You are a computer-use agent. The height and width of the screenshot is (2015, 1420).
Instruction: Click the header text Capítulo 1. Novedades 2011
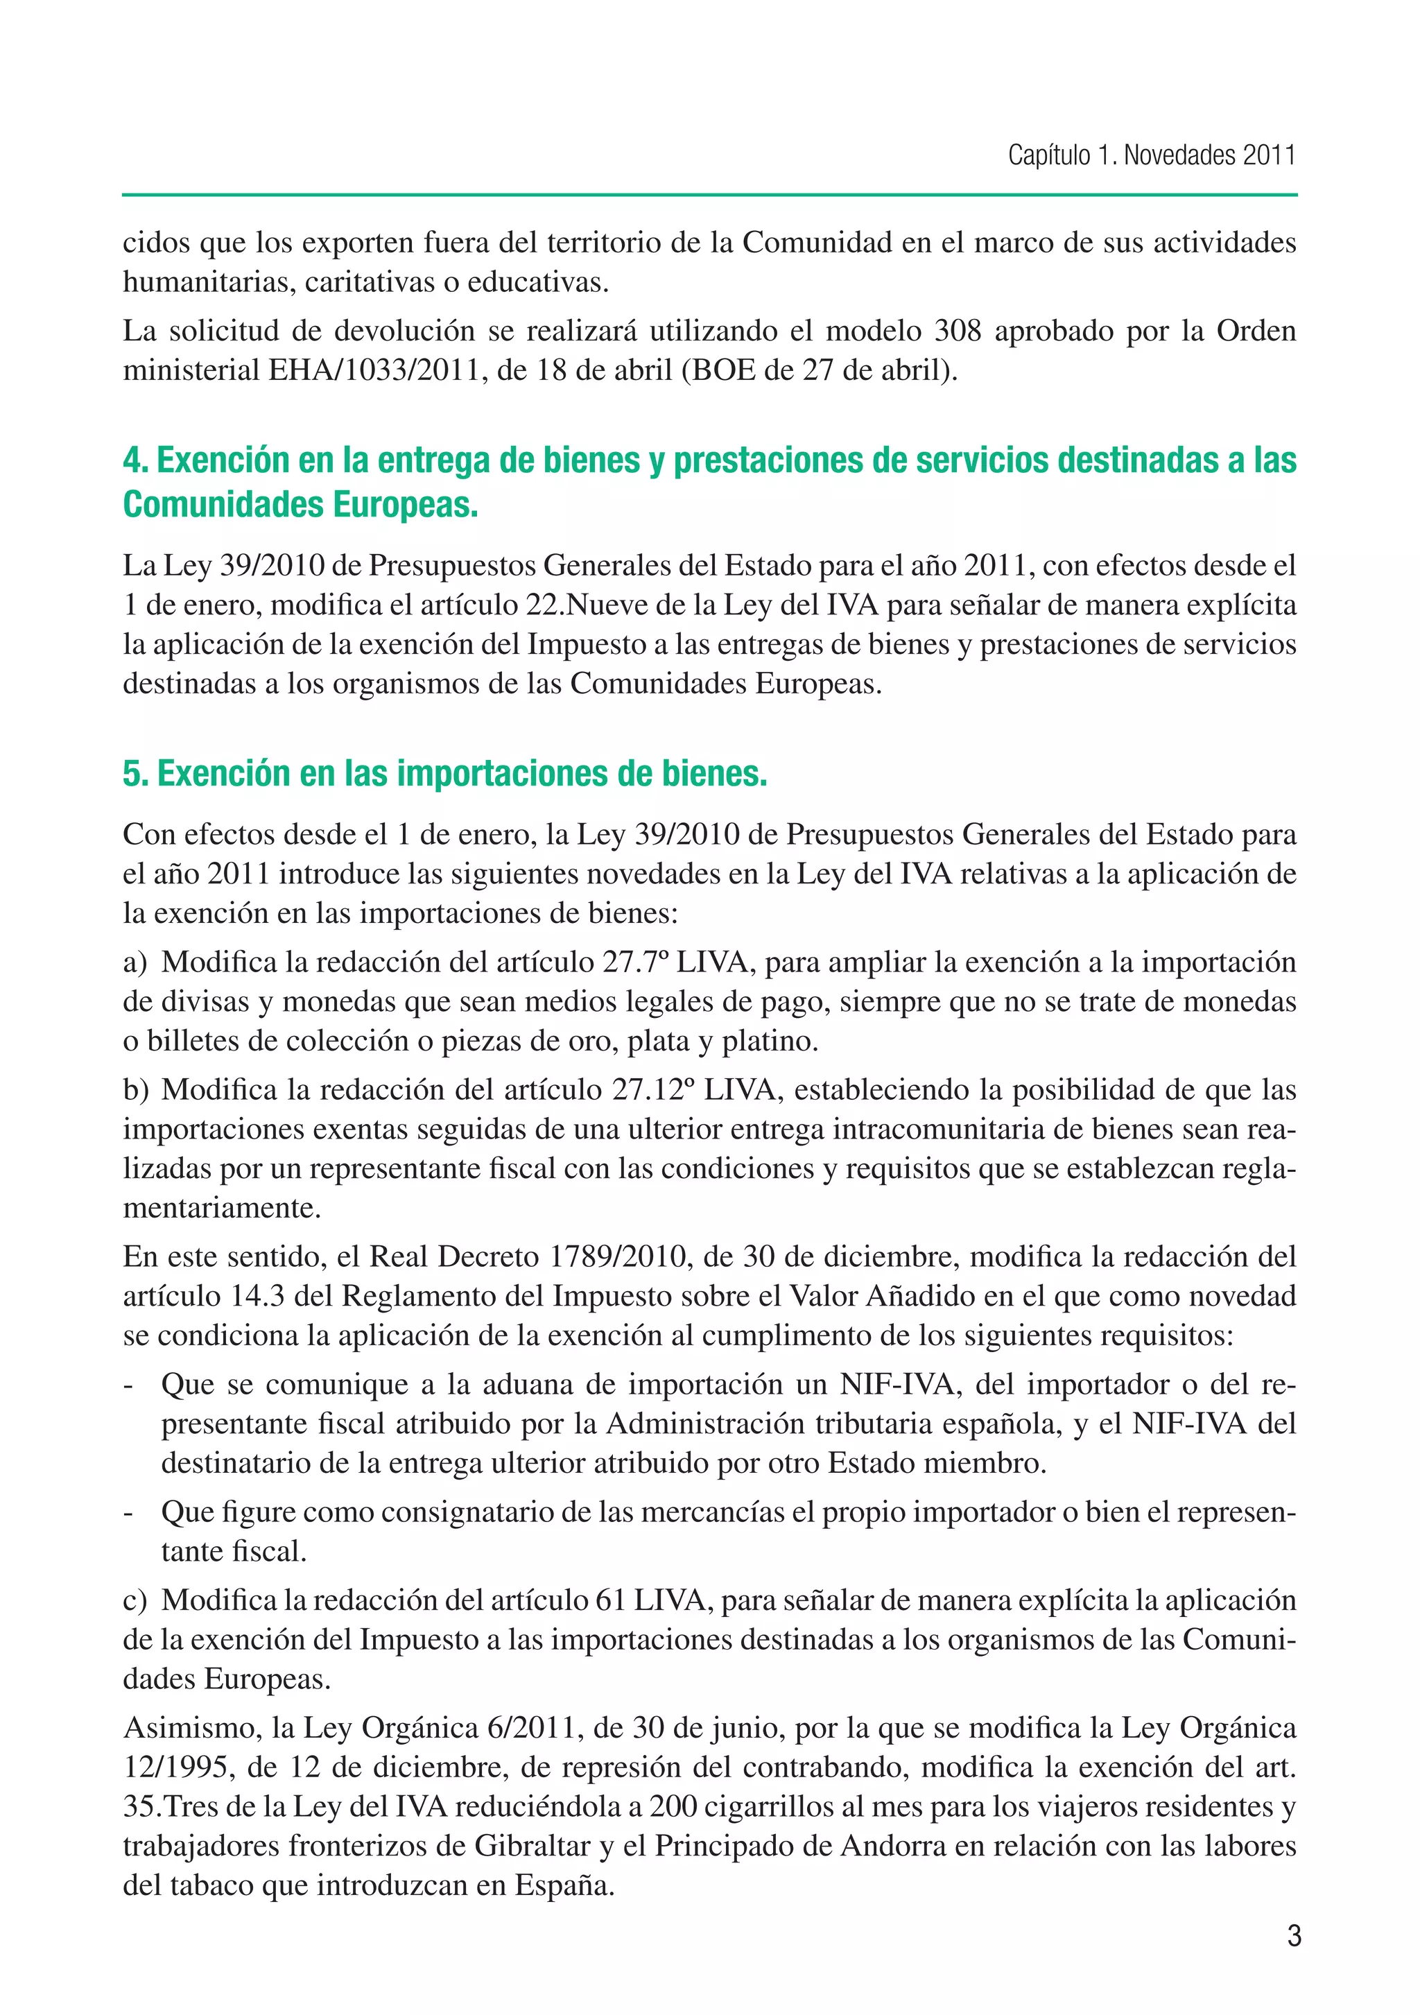pos(1150,155)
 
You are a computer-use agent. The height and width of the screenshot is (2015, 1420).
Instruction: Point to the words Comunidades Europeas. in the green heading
pos(300,505)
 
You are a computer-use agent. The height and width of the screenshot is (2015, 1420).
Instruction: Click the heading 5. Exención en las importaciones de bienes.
pos(445,773)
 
